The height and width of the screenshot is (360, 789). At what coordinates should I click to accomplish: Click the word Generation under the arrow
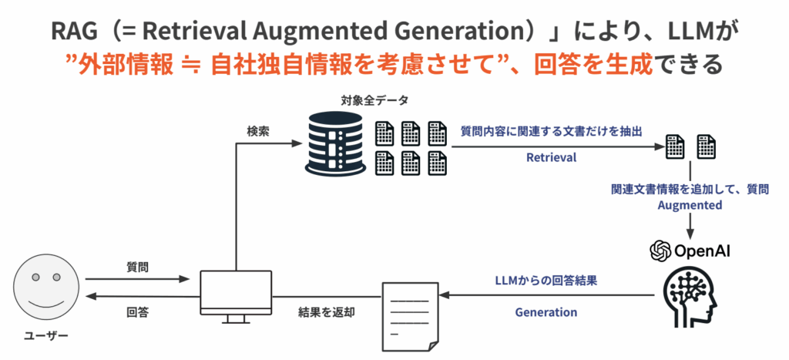pyautogui.click(x=546, y=312)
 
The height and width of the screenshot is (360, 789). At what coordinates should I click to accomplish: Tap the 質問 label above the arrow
pyautogui.click(x=137, y=267)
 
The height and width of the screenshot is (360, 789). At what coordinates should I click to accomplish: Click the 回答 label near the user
pyautogui.click(x=137, y=312)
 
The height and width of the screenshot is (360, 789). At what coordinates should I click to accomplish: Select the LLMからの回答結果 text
pyautogui.click(x=546, y=281)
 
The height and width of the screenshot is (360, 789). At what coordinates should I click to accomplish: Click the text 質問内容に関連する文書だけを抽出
pyautogui.click(x=551, y=131)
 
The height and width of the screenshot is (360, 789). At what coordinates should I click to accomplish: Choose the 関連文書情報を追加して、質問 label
pyautogui.click(x=690, y=188)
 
